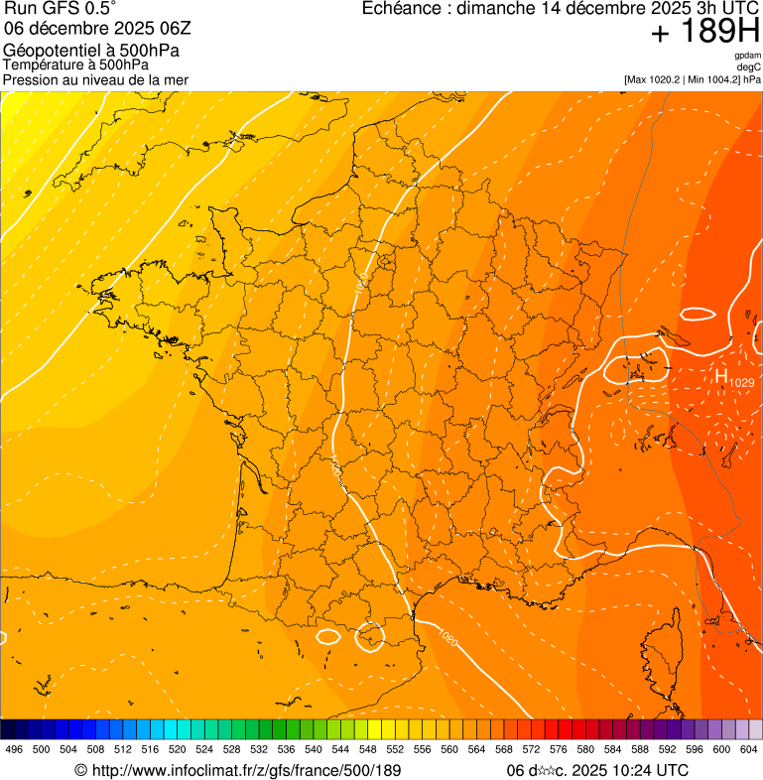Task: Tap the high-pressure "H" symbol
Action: [721, 376]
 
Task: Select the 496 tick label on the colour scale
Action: [14, 749]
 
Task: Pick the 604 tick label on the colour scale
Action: [749, 749]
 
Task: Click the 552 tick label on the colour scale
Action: [395, 749]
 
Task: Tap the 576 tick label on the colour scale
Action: [559, 749]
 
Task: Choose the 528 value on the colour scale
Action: [232, 749]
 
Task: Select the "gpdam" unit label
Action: [747, 56]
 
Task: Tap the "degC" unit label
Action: [749, 66]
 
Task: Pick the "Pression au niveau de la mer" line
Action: [95, 79]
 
